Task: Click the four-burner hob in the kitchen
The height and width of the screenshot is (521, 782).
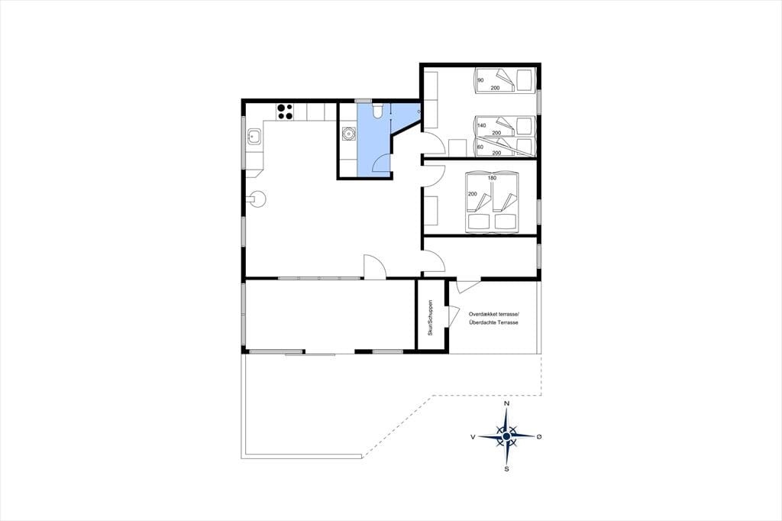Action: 286,112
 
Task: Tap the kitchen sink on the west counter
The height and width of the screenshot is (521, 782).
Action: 254,135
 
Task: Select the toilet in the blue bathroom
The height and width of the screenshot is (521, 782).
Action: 378,110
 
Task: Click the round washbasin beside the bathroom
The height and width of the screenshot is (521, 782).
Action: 347,134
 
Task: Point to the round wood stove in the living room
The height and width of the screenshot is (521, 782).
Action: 258,199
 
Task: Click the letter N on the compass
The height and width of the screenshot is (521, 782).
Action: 507,403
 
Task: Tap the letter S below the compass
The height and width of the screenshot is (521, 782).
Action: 507,468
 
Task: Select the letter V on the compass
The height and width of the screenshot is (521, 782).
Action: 472,437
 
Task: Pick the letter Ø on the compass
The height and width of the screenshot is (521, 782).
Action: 539,437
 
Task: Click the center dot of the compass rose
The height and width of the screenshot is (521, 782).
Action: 507,436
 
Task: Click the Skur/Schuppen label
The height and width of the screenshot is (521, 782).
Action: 431,317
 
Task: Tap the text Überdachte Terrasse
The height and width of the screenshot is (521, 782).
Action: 494,322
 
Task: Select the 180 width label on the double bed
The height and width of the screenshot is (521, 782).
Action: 493,178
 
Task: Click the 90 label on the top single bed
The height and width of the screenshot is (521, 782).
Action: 481,80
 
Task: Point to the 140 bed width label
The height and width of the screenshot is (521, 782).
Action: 482,125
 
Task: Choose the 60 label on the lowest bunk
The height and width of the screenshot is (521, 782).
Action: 481,147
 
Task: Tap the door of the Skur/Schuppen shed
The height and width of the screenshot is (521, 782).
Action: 454,316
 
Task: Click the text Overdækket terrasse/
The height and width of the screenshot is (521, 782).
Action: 494,314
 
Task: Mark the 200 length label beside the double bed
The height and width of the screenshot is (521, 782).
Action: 472,194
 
